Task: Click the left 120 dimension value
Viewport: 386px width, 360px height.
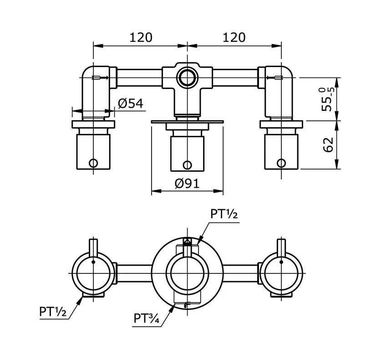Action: tap(141, 37)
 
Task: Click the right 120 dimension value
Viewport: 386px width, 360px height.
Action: tap(234, 37)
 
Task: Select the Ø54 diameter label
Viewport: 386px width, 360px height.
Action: tap(131, 103)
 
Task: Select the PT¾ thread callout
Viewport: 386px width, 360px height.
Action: tap(147, 318)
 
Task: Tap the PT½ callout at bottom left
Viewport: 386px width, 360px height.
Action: tap(53, 313)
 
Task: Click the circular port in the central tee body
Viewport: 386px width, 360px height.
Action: tap(187, 78)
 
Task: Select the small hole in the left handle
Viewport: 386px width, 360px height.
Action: tap(93, 163)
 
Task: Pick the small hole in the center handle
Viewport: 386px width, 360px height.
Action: tap(187, 165)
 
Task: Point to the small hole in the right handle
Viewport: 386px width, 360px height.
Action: tap(281, 163)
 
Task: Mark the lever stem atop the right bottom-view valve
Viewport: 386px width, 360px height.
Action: tap(280, 247)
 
